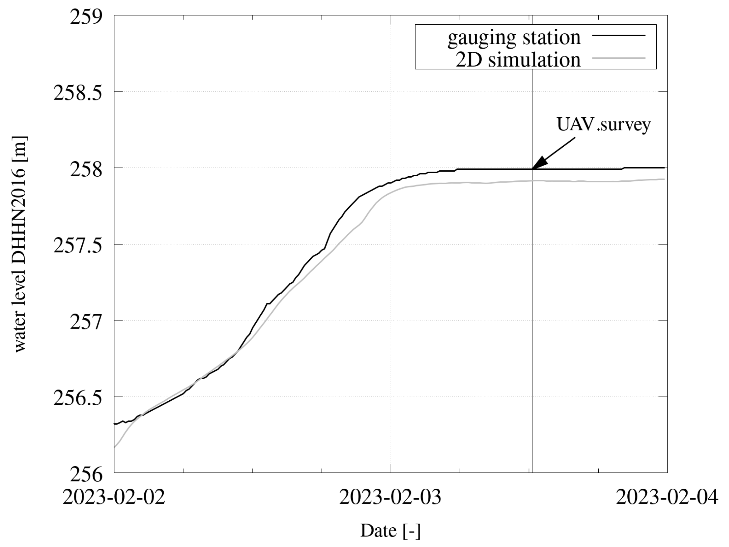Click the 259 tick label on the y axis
[x=86, y=16]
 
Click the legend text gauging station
[x=514, y=38]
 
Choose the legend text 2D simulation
[x=518, y=60]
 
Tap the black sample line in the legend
[x=618, y=35]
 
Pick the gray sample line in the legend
[x=618, y=58]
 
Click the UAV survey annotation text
[x=603, y=125]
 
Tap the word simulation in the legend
[x=534, y=60]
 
